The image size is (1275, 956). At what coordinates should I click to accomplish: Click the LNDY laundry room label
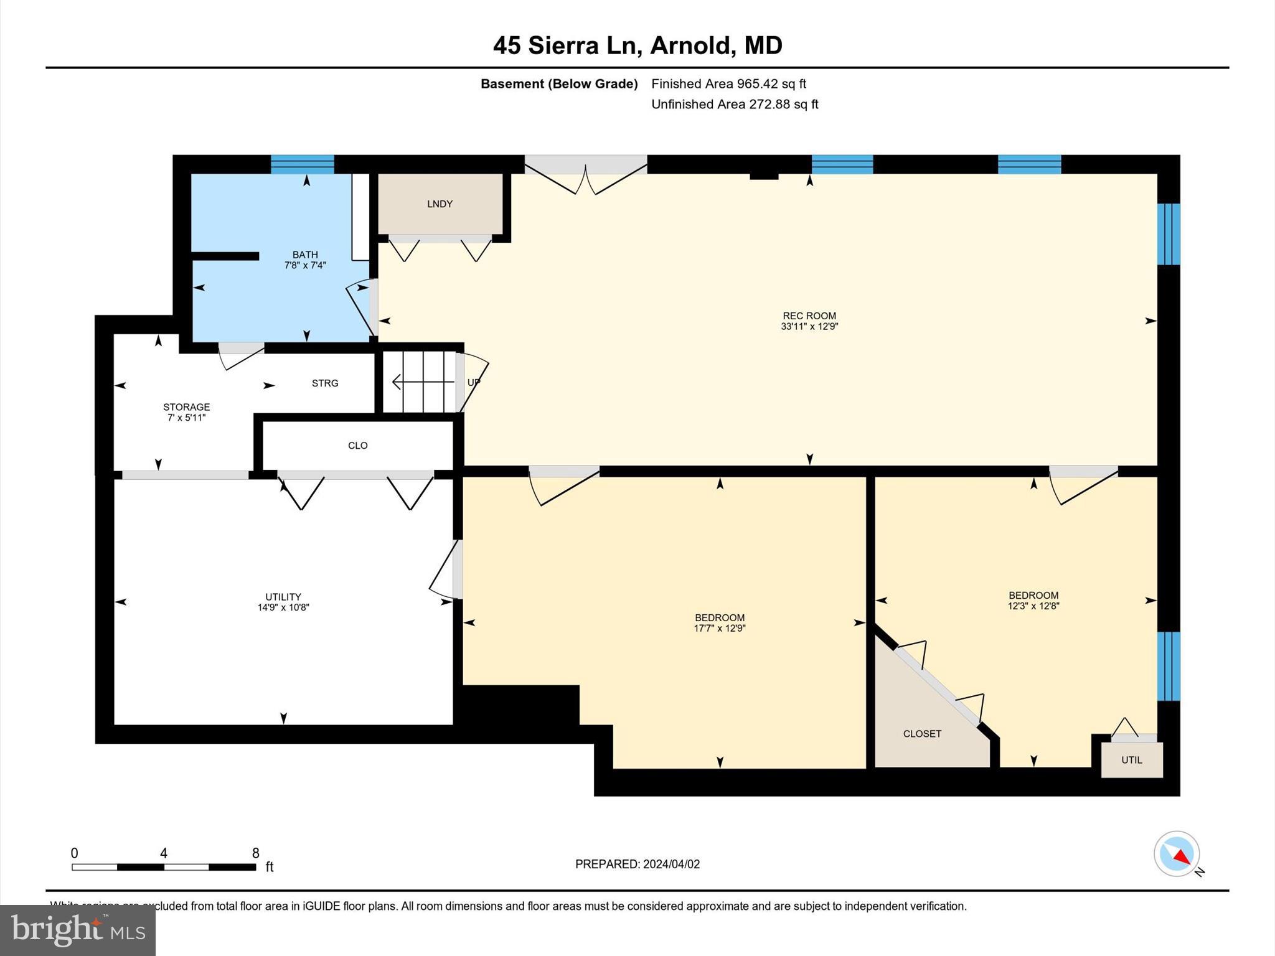pos(440,204)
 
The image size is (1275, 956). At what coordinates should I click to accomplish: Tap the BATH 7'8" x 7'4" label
pos(305,260)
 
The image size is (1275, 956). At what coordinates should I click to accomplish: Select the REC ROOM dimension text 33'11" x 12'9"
pos(809,326)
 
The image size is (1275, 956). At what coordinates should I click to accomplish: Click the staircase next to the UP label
pos(418,382)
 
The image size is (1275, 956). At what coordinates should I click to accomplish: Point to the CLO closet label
pos(357,446)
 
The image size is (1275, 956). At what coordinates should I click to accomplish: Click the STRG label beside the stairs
pos(325,383)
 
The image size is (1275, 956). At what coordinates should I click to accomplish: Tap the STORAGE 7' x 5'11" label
pos(186,412)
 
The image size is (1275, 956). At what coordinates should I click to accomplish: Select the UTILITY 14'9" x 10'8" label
pos(283,602)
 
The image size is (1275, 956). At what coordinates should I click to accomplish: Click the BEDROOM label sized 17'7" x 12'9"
pos(720,623)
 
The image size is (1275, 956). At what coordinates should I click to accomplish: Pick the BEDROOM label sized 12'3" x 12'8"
pos(1033,600)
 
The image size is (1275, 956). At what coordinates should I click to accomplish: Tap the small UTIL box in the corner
pos(1131,760)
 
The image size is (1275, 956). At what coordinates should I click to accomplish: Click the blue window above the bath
pos(303,164)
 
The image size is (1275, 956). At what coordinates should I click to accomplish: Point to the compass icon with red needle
pos(1176,854)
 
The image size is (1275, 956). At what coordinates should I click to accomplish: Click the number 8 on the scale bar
pos(255,853)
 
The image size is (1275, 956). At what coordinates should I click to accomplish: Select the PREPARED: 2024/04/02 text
pos(637,864)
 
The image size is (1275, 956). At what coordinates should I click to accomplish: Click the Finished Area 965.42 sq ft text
pos(728,84)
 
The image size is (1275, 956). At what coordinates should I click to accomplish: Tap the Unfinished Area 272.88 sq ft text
pos(735,105)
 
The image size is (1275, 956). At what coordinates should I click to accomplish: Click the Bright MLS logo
pos(78,930)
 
